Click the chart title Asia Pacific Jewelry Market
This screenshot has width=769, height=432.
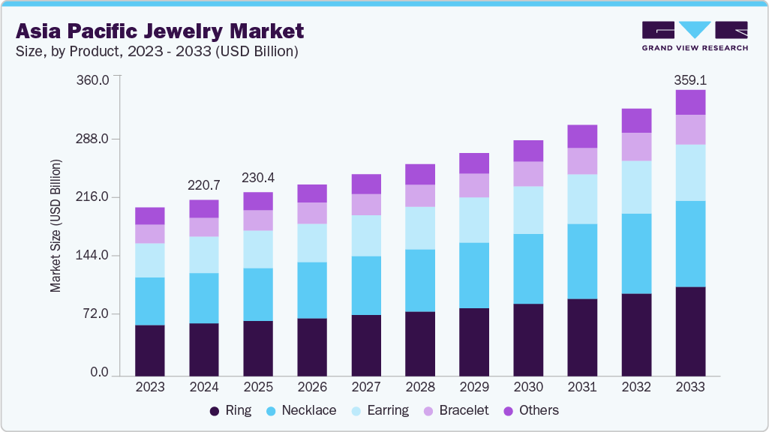click(x=159, y=31)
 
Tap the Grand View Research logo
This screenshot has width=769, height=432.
click(x=694, y=35)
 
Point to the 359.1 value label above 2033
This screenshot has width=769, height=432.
click(x=690, y=79)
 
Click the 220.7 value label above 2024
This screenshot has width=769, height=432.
click(x=204, y=184)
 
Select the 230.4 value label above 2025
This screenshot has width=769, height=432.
click(x=258, y=178)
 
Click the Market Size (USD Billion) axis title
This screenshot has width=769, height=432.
click(x=56, y=226)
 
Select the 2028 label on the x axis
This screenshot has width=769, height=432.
click(x=420, y=387)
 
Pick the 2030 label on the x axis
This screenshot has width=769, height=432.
click(x=528, y=387)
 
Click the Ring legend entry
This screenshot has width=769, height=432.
click(x=230, y=410)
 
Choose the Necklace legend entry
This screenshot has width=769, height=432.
click(x=302, y=410)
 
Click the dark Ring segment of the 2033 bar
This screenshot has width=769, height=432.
click(x=690, y=330)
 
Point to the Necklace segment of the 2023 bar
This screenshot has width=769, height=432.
click(x=150, y=301)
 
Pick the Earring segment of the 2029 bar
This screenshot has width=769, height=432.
click(x=474, y=220)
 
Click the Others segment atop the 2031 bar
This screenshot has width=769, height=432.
click(x=582, y=136)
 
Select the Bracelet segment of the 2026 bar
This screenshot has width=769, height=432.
click(x=312, y=213)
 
